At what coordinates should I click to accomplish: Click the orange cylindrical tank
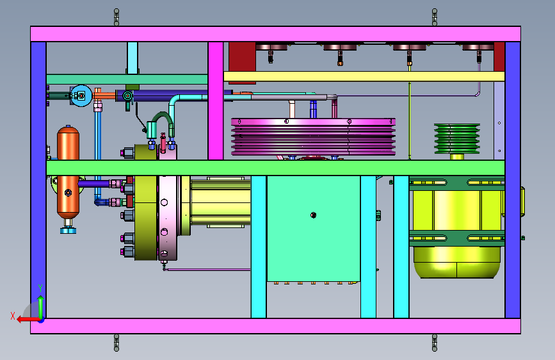tap(68, 172)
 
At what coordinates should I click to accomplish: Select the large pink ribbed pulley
tap(313, 137)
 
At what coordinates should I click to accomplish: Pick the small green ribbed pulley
tap(457, 138)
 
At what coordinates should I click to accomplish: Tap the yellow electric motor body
tap(457, 227)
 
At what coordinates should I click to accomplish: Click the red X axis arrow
tap(28, 320)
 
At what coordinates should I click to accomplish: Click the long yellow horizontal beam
tap(364, 76)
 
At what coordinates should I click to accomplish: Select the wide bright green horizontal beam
tap(275, 168)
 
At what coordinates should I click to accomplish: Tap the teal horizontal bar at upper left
tap(127, 79)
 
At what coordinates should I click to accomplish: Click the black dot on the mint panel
tap(313, 215)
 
